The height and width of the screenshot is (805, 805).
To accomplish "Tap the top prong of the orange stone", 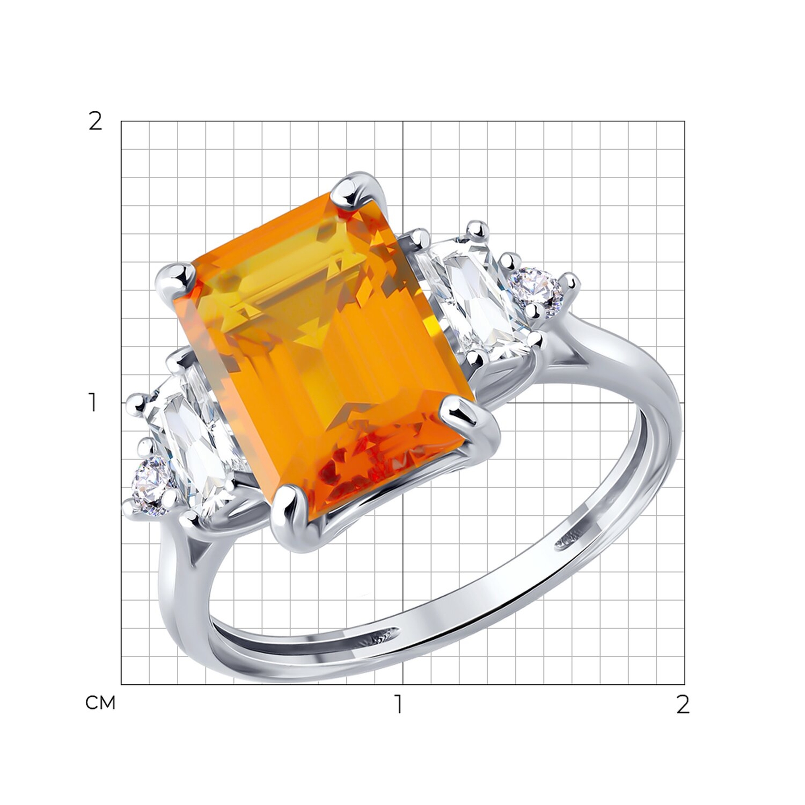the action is click(x=349, y=193).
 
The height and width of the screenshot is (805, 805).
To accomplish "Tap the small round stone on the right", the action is click(x=540, y=288).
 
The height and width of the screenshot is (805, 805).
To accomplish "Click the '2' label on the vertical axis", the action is click(x=95, y=122).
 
